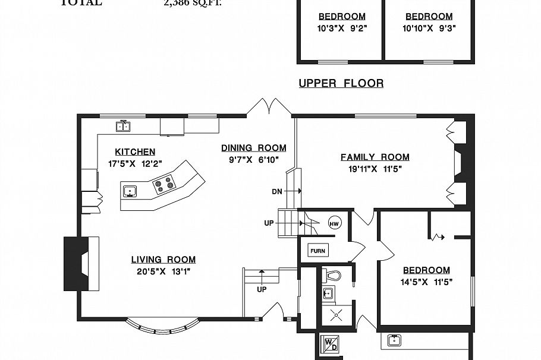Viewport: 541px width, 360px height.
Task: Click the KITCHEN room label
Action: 135,152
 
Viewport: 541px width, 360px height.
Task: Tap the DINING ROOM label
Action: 254,148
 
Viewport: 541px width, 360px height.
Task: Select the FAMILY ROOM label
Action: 375,157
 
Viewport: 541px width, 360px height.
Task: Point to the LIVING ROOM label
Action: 163,260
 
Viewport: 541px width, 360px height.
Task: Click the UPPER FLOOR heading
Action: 341,83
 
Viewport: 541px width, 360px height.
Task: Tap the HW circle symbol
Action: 334,223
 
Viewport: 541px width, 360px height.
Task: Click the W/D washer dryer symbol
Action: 329,344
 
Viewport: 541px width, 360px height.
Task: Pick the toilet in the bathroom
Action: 334,276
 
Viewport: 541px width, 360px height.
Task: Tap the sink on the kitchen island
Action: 130,191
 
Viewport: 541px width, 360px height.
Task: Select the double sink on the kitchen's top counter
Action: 123,126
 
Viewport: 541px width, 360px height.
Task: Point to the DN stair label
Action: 277,191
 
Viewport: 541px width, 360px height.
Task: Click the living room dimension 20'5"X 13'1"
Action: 163,271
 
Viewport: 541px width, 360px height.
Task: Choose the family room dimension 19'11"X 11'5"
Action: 375,169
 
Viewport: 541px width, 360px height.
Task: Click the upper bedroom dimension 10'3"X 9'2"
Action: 342,27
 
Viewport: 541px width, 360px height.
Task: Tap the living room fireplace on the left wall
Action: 81,263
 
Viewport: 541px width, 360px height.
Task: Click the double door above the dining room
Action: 269,107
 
